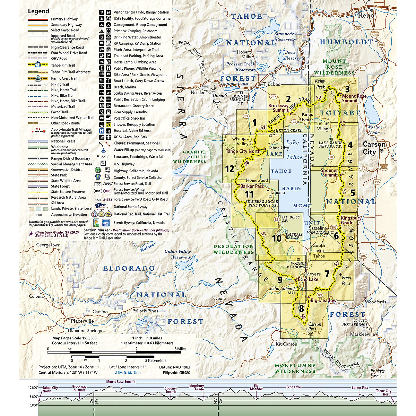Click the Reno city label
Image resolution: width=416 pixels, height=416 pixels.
[366, 15]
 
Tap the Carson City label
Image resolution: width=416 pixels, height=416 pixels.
[374, 148]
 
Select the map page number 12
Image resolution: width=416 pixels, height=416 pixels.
[229, 169]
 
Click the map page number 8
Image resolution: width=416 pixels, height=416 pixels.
[301, 308]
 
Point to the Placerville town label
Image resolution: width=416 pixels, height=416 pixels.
[82, 321]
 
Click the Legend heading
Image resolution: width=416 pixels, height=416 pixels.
[38, 11]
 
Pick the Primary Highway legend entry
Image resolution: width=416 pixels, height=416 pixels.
[64, 19]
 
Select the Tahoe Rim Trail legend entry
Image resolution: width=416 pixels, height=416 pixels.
[63, 65]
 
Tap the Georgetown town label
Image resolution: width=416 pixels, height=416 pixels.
[48, 245]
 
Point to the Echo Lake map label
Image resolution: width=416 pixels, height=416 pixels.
[308, 279]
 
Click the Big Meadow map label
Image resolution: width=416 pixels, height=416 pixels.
[323, 301]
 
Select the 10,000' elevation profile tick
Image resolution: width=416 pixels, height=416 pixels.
[33, 388]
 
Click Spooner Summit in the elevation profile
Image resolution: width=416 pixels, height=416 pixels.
[171, 390]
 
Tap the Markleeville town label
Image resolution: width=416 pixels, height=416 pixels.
[363, 334]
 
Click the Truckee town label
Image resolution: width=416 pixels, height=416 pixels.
[271, 84]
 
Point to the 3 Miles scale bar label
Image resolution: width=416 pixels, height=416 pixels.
[180, 349]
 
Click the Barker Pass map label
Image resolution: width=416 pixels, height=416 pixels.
[252, 186]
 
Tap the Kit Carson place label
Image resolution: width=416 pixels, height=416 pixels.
[286, 344]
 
